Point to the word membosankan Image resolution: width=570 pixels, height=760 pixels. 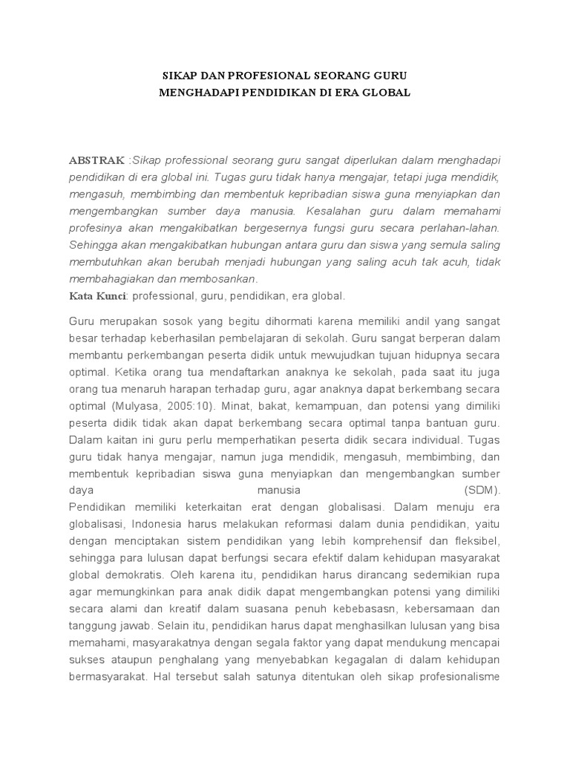pos(220,280)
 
